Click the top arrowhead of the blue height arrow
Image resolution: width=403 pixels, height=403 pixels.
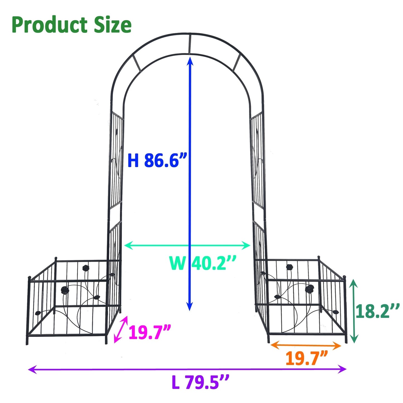190,60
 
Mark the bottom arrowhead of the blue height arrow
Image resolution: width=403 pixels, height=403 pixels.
190,307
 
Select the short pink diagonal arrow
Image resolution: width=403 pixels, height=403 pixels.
121,329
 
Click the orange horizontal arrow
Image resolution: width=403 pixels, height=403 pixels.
306,345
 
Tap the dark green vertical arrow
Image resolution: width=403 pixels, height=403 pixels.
354,311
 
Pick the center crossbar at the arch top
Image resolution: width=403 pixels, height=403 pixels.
189,44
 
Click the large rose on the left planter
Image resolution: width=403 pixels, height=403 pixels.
65,290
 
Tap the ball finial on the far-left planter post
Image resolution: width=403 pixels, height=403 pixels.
29,278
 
